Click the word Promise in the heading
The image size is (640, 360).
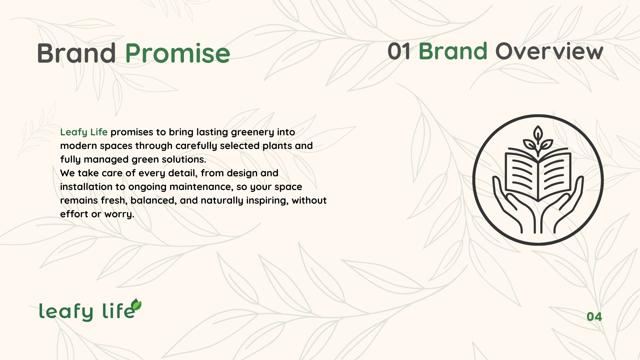click(178, 53)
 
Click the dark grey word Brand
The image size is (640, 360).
click(76, 53)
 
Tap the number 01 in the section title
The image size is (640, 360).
click(399, 51)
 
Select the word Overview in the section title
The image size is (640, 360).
click(549, 51)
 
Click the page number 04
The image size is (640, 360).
click(594, 317)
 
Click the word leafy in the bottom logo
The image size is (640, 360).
click(66, 312)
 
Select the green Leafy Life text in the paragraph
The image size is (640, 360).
click(84, 132)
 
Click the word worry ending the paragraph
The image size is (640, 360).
click(119, 214)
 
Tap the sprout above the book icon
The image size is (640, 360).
click(538, 140)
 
